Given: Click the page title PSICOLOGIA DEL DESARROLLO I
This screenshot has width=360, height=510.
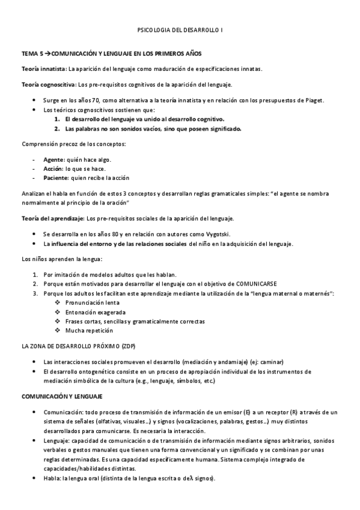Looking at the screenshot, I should pos(180,29).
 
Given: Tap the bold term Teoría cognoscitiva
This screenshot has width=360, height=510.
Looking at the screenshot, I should pos(48,85).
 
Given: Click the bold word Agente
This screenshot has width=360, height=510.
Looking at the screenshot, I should pos(53,159).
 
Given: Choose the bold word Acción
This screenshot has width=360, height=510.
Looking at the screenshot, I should pos(53,169).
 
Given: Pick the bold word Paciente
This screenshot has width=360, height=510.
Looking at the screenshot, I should pos(56,178).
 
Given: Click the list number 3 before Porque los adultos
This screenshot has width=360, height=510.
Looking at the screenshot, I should pos(35,293).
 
